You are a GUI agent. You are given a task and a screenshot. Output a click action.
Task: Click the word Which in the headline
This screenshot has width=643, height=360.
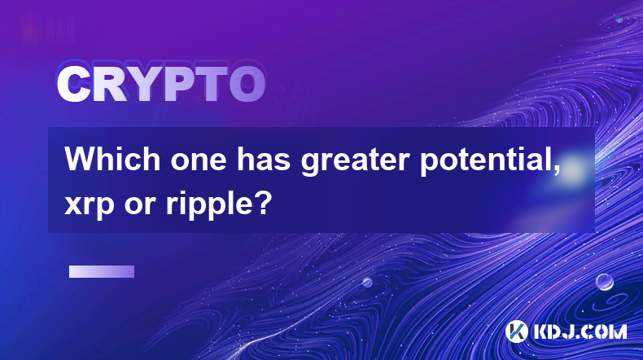pos(112,159)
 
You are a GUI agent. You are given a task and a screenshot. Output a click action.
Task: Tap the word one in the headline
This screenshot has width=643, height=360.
pos(199,161)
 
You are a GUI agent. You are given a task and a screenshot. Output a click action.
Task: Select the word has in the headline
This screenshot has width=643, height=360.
pos(263,159)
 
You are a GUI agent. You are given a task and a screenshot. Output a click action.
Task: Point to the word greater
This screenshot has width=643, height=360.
pos(355,162)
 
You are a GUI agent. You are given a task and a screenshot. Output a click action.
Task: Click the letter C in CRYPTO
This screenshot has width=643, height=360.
pos(74,85)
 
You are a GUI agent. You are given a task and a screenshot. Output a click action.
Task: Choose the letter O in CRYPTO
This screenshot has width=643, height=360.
pos(247,85)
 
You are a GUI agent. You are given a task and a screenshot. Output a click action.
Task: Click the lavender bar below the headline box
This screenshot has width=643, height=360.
pos(102,272)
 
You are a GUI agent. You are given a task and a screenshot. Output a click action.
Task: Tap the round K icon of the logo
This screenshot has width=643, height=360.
pos(516,331)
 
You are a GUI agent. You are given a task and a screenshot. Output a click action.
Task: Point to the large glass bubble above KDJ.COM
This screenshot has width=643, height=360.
pos(605,282)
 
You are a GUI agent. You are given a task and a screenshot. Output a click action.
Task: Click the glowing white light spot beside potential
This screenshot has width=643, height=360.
pos(572,169)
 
